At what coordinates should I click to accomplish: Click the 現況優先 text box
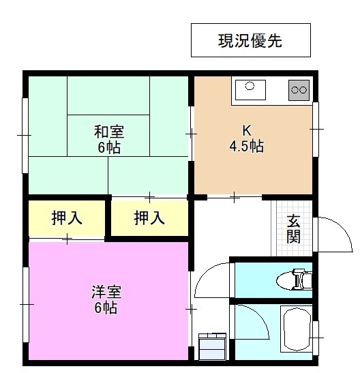pos(250,40)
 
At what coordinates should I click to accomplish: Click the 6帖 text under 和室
pos(108,147)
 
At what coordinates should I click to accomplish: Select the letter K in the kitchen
pos(246,130)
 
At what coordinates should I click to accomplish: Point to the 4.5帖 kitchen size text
pos(246,146)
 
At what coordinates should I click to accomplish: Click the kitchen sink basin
pos(250,87)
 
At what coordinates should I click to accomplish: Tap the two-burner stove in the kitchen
pos(299,89)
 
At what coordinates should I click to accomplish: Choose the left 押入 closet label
pos(67,218)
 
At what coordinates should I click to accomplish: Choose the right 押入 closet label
pos(149,218)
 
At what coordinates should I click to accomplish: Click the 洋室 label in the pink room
pos(106,293)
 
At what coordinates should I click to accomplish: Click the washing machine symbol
pos(211,346)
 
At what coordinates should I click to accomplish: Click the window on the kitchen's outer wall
pos(316,128)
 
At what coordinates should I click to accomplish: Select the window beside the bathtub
pos(316,337)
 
